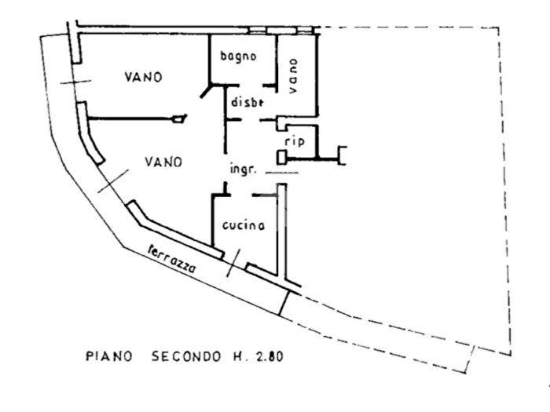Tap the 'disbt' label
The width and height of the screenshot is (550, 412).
point(246,101)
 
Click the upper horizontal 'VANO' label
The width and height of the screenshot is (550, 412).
point(143,77)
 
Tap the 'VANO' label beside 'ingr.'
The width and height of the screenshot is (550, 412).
point(164,162)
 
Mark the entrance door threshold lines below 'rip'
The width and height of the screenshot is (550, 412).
point(283,170)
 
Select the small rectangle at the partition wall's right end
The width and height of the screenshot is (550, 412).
point(180,119)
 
